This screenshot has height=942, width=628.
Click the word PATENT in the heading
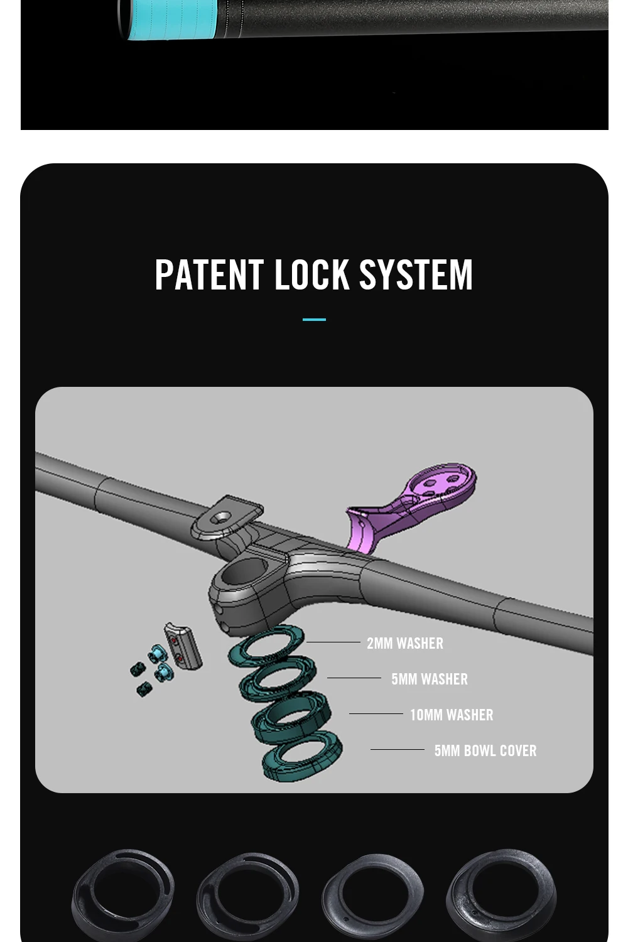point(208,275)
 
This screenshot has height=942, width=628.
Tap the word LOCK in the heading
point(311,275)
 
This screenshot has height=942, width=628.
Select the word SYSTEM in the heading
point(415,275)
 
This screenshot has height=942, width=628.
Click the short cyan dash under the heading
point(314,320)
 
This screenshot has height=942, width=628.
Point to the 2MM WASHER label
point(405,643)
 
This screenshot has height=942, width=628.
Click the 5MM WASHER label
point(430,679)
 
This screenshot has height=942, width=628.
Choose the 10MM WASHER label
point(452,715)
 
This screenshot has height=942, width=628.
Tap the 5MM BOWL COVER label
point(485,750)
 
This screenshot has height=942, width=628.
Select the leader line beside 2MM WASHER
point(333,642)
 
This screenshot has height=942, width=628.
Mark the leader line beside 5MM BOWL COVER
point(397,749)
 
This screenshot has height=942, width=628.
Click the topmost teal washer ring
point(267,644)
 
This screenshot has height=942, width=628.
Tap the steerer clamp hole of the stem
point(242,573)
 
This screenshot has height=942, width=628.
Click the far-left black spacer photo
point(122,895)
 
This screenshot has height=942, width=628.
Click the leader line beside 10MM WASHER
point(376,714)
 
